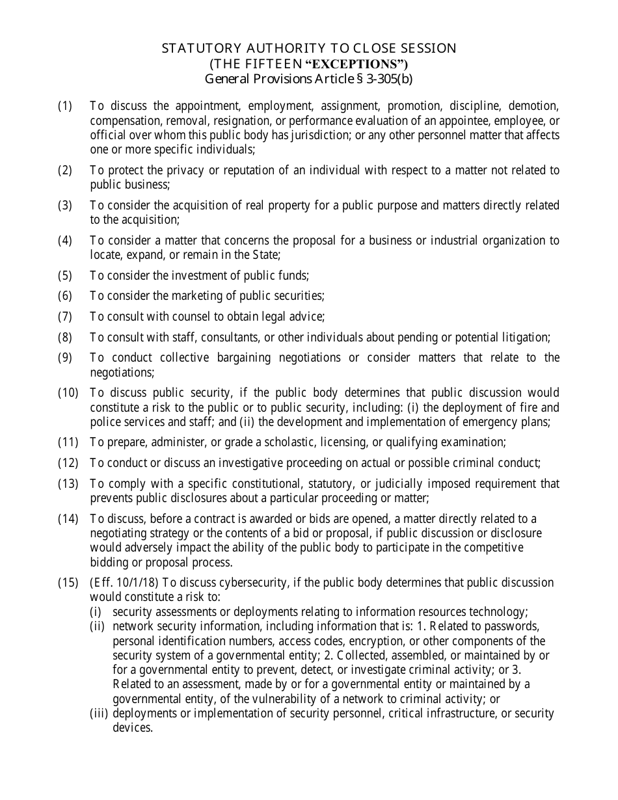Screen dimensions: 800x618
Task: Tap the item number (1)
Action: pos(64,106)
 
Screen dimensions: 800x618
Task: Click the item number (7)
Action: pos(64,317)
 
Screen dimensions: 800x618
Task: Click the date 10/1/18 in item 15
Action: pos(131,583)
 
